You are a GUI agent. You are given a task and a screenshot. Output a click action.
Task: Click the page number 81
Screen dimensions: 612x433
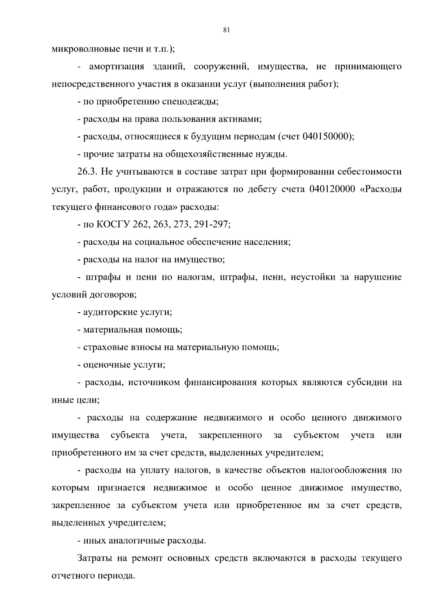click(226, 30)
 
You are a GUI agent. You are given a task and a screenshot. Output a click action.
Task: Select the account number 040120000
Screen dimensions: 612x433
click(332, 189)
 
